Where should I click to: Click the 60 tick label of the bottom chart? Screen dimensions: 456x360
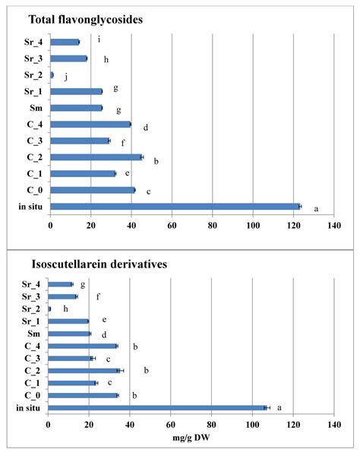click(x=171, y=426)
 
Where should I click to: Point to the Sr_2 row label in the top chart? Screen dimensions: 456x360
click(x=33, y=75)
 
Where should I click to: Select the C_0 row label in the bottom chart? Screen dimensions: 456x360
click(x=33, y=395)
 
